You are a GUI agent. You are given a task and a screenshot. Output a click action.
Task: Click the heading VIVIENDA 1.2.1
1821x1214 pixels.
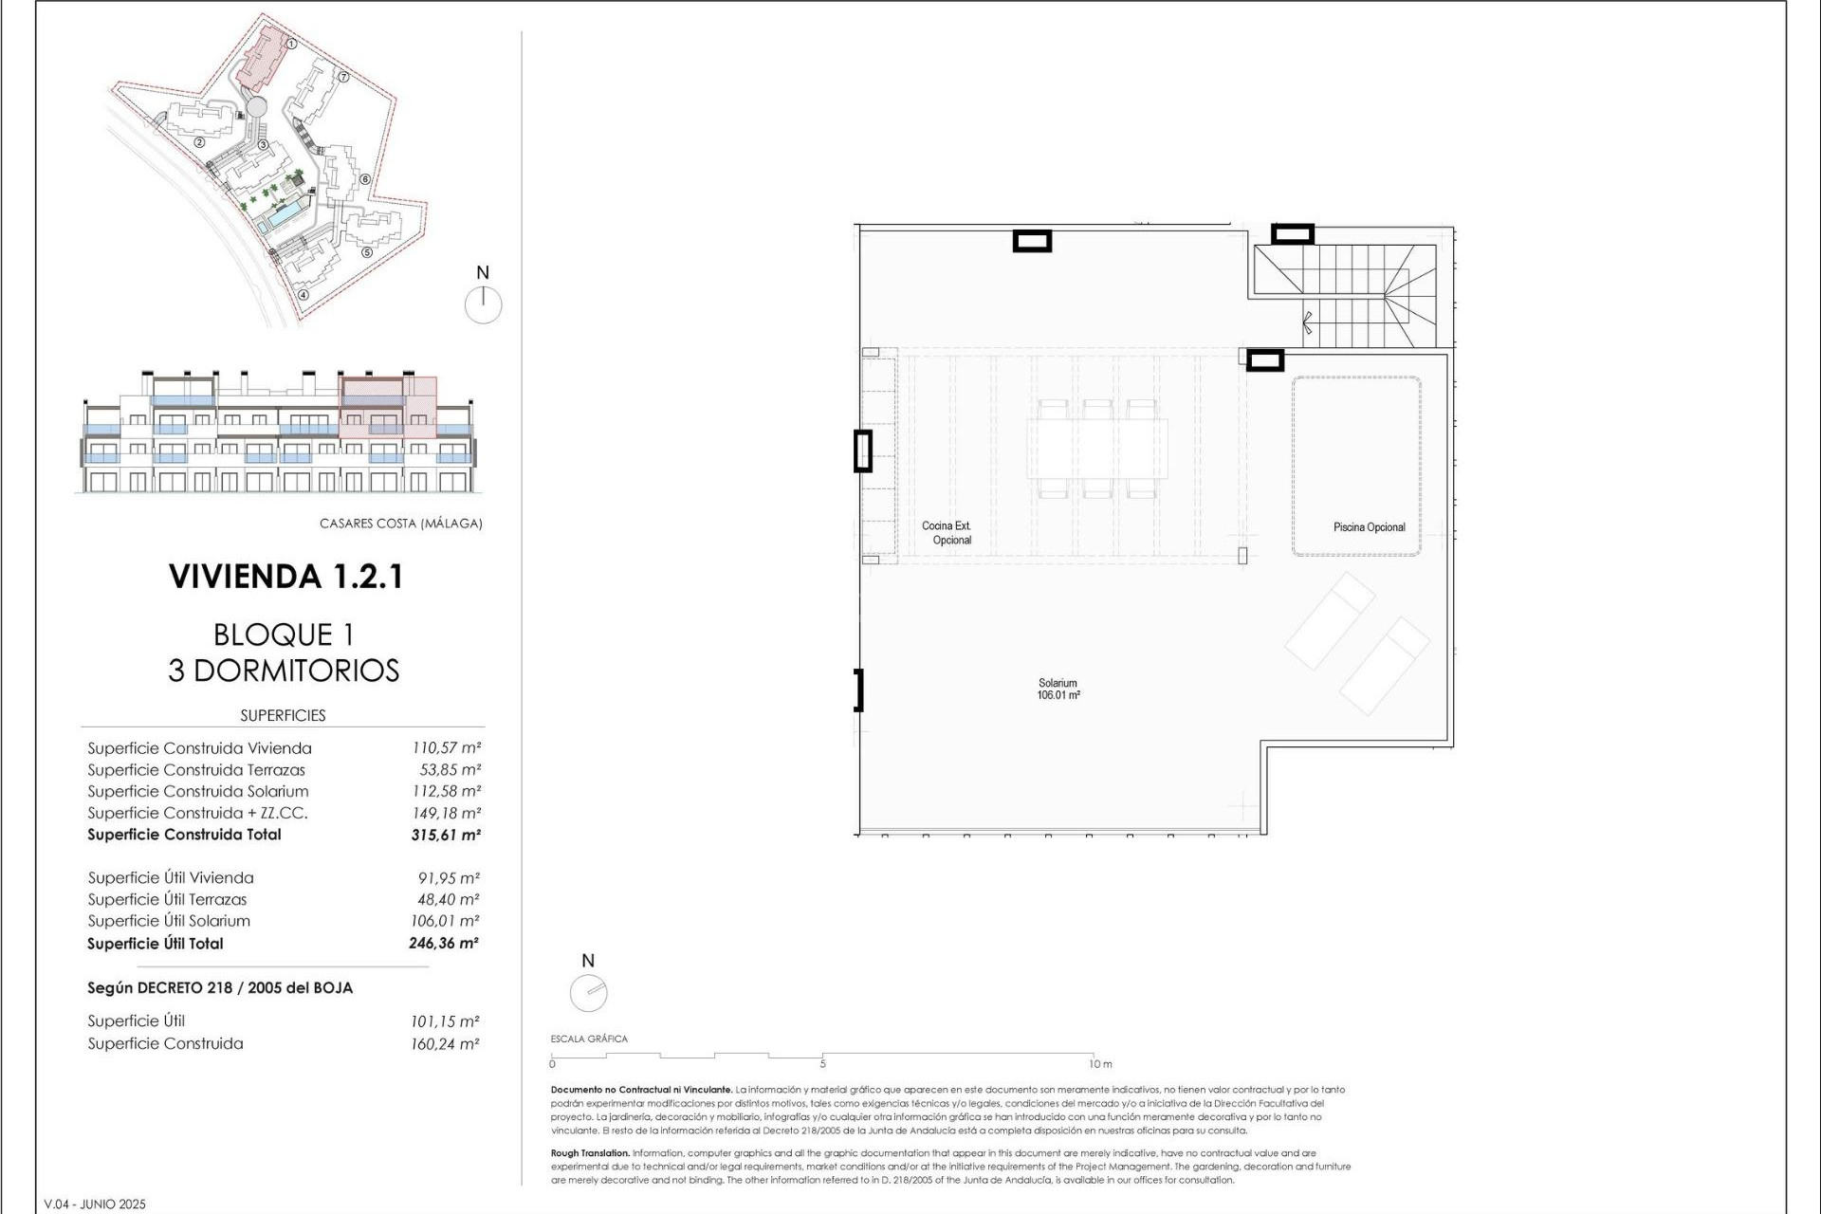(x=285, y=577)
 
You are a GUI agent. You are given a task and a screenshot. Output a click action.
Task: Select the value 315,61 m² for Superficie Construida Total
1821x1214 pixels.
(x=446, y=835)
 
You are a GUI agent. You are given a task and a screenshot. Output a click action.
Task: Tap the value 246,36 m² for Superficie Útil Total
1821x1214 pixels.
(x=444, y=943)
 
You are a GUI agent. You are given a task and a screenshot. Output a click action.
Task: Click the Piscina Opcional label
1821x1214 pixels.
(x=1369, y=527)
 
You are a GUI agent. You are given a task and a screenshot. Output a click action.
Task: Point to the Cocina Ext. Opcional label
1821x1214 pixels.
(x=947, y=533)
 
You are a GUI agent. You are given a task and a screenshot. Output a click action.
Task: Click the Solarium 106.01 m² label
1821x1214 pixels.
(x=1058, y=690)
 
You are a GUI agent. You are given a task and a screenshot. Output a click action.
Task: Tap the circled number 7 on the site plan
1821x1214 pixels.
(x=343, y=77)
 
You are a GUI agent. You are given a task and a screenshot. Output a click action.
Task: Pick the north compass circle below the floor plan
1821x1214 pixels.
(x=588, y=993)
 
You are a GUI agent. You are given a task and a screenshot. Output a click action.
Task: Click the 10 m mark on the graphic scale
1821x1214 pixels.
(x=1098, y=1063)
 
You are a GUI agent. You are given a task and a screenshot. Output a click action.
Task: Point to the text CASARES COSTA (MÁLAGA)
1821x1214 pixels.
(x=400, y=524)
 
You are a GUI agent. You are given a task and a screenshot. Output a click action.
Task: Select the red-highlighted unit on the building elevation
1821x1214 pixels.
(x=387, y=408)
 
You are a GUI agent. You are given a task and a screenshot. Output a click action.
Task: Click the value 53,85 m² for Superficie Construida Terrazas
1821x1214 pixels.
(x=450, y=770)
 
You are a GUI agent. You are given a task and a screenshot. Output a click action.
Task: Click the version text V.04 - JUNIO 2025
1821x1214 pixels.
(x=95, y=1204)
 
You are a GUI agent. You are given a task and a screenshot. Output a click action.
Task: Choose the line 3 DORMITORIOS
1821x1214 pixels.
(x=284, y=671)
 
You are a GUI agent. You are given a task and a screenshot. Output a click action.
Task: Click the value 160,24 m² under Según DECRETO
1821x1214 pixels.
(x=444, y=1044)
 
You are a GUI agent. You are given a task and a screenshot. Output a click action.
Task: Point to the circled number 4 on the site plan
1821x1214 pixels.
(x=303, y=294)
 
